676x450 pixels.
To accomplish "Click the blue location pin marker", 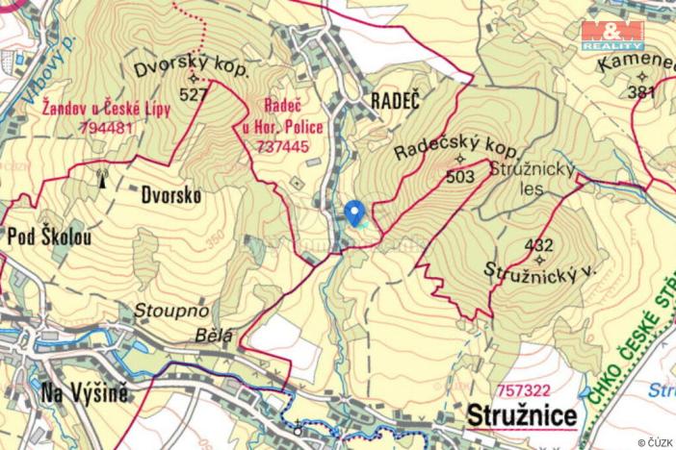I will tap(354, 212).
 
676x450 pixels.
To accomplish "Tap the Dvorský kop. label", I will tap(192, 70).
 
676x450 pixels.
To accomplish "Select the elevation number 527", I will tap(193, 94).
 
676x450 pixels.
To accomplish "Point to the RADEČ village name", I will tap(395, 100).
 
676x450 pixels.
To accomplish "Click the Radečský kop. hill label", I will tap(457, 150).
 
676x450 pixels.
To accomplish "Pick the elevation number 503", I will tap(461, 177).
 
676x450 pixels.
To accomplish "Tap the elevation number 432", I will tap(539, 244).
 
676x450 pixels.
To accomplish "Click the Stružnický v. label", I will tap(541, 271).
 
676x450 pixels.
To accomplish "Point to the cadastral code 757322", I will tap(526, 390).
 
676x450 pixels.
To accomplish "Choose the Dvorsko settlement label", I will tap(170, 195).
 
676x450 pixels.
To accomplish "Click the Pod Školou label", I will tap(51, 236).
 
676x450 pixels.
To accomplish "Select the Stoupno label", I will tap(158, 312).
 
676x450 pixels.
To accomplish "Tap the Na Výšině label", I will tap(85, 392).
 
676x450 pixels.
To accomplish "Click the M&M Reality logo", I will tap(612, 36).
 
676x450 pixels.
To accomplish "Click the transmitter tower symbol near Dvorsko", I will tap(101, 178).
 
